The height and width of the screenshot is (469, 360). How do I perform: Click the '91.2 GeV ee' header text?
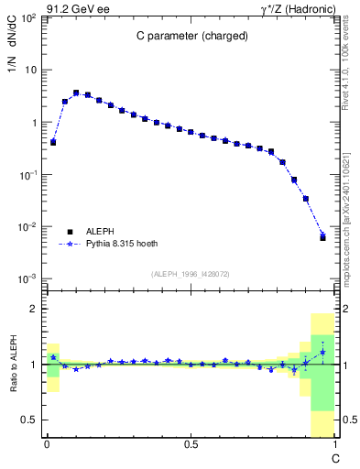(x=75, y=8)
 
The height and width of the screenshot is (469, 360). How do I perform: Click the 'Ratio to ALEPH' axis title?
(x=15, y=365)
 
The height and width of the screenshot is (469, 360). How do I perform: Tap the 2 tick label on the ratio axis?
(x=34, y=310)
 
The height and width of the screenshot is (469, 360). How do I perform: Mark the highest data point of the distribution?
(x=76, y=93)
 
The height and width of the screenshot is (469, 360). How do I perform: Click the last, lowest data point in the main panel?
(x=322, y=237)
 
